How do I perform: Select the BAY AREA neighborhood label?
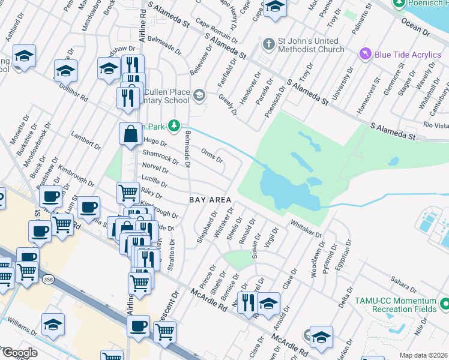[x=211, y=199]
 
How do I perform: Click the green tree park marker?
[x=174, y=125]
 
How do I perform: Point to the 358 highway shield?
[x=48, y=279]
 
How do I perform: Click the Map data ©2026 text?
[x=423, y=355]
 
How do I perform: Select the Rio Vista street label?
[x=436, y=125]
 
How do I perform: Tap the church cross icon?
[x=268, y=44]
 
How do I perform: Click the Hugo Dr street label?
[x=155, y=143]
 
